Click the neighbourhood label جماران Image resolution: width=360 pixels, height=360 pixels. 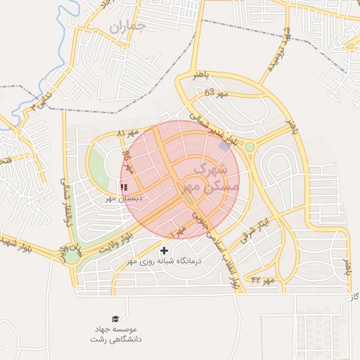127,27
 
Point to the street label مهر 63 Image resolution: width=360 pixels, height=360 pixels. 217,93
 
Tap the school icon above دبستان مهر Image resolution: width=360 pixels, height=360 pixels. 124,188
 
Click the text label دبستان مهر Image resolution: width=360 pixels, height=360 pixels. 124,199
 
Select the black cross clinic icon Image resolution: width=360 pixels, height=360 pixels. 165,250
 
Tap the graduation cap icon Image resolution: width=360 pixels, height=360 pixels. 115,319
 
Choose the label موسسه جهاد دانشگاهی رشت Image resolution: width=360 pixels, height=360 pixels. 115,334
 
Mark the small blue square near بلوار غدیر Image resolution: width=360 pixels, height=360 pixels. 224,146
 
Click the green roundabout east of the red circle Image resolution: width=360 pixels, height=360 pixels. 250,147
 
